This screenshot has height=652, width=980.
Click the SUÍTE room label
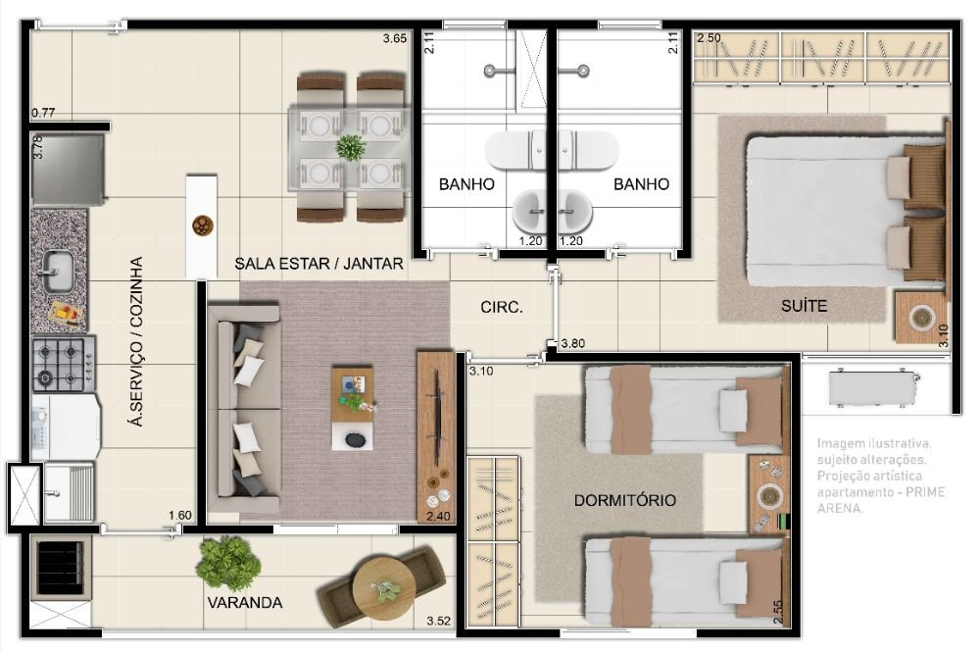click(804, 306)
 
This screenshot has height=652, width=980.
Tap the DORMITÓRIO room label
click(624, 500)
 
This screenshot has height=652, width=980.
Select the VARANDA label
click(244, 602)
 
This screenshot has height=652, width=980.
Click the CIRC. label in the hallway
click(501, 307)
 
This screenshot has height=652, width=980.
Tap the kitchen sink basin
click(55, 267)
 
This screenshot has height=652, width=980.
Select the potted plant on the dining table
click(350, 147)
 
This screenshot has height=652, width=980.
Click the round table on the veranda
click(383, 587)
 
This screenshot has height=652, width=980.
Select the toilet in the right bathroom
click(594, 149)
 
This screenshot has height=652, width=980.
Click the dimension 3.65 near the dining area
click(395, 39)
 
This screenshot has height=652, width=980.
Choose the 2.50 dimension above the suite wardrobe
click(709, 38)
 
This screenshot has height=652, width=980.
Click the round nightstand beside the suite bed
click(922, 318)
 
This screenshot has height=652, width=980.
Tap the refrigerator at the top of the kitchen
click(68, 168)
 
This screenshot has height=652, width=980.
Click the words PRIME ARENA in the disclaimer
click(882, 500)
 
